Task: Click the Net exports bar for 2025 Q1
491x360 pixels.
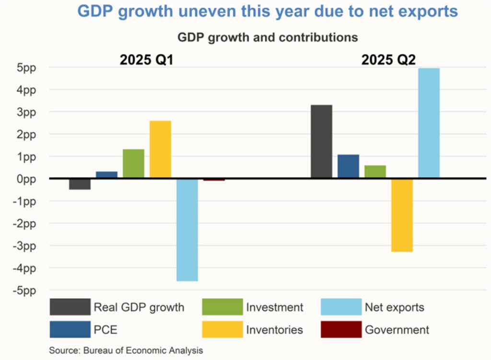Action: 187,230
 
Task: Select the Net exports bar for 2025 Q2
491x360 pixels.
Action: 429,123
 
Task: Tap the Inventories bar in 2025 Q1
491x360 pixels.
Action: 160,150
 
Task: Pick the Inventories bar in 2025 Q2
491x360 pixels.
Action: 402,215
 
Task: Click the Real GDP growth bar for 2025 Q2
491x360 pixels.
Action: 321,141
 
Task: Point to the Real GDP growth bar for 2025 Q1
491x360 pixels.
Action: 80,184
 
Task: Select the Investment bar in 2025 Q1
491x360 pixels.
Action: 133,164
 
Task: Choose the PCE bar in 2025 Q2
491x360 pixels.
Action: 348,166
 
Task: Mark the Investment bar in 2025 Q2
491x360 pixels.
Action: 375,172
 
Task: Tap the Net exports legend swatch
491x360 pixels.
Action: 340,307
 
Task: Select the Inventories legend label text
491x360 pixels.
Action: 274,330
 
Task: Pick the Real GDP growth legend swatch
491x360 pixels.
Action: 70,307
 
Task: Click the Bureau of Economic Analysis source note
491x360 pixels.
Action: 126,350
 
